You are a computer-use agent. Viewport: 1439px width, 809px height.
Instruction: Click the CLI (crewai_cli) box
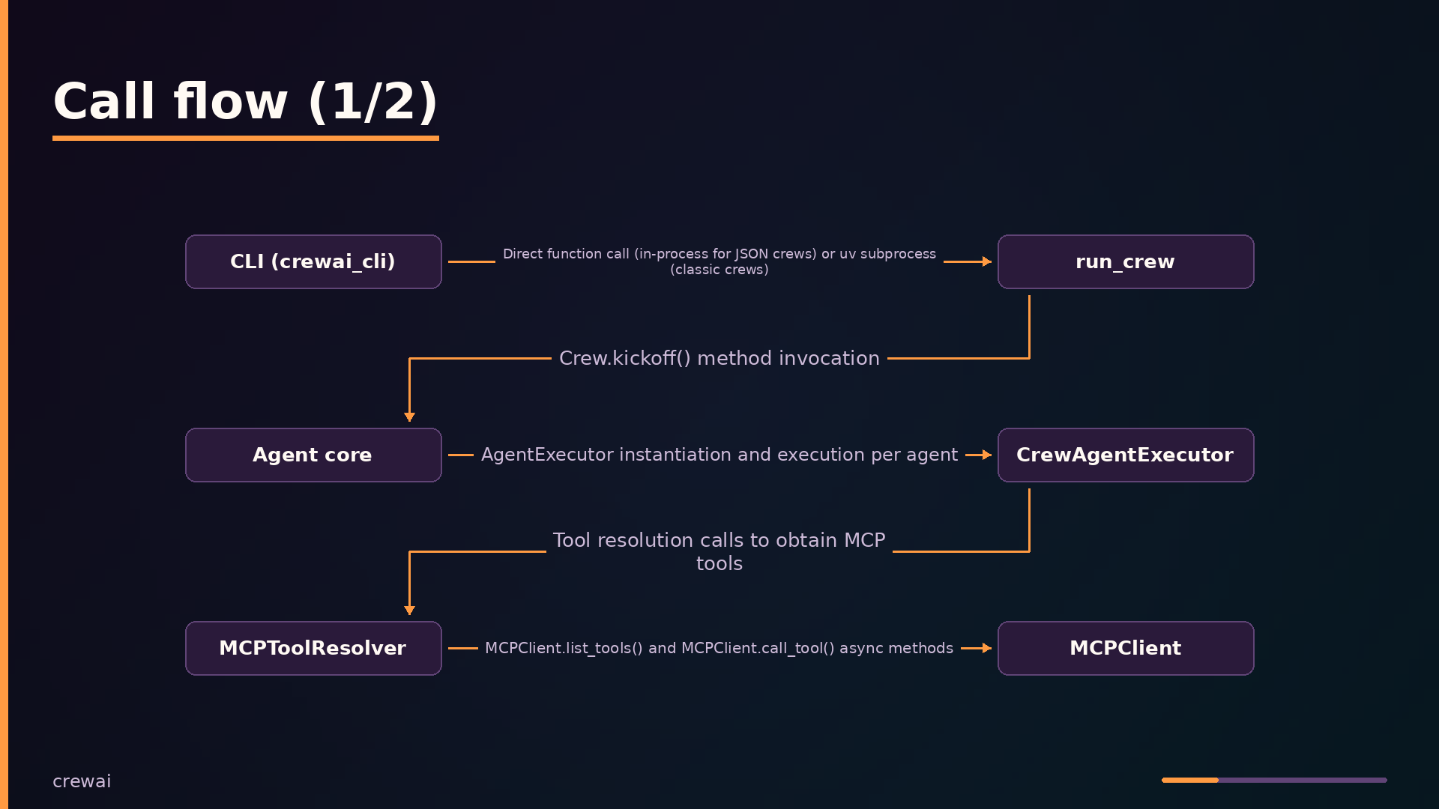(313, 261)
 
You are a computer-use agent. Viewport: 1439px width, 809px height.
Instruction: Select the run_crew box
(1126, 261)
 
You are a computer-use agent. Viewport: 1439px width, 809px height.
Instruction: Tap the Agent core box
(313, 455)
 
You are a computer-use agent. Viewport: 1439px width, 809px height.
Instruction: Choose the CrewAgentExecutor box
(1126, 455)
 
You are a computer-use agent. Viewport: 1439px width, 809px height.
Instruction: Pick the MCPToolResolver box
(313, 648)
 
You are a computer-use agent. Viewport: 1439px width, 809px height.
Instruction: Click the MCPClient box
(1126, 648)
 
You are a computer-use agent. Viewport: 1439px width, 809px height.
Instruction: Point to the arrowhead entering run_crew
(987, 261)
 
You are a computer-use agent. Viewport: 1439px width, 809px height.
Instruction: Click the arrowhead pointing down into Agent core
(409, 416)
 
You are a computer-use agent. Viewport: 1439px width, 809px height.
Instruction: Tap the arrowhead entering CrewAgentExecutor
(987, 455)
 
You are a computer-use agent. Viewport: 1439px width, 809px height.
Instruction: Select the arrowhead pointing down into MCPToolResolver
(409, 610)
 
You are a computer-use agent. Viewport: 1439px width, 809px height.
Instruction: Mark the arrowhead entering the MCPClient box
(987, 648)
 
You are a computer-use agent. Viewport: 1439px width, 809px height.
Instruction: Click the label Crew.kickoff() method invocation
(719, 358)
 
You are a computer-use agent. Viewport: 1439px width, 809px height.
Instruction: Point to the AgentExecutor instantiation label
(719, 455)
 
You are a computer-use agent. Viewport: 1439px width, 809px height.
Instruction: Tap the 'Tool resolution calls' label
(719, 551)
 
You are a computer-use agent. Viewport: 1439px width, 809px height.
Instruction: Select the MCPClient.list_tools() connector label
(719, 648)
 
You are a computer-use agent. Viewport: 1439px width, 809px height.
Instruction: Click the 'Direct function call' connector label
(719, 261)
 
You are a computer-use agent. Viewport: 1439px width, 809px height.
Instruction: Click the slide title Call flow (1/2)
(245, 101)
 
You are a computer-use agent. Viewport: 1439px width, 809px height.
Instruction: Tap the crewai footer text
(82, 781)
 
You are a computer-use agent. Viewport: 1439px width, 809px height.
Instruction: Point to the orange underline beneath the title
(246, 138)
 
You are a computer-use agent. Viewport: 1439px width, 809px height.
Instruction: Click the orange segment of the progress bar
(1190, 780)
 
